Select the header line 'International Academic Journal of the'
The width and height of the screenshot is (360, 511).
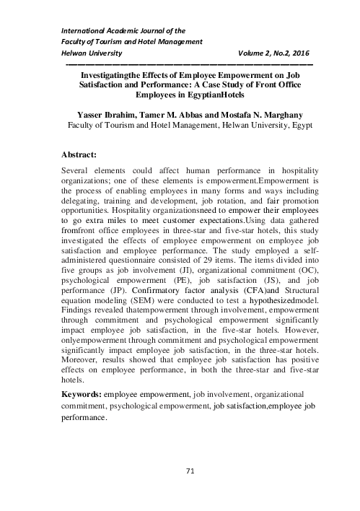[x=114, y=30]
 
